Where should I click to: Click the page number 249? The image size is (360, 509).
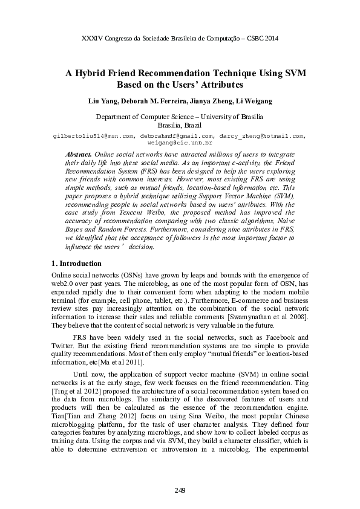point(180,489)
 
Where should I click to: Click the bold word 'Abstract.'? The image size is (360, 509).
point(81,155)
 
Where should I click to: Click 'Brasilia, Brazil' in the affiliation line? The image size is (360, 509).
point(180,124)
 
